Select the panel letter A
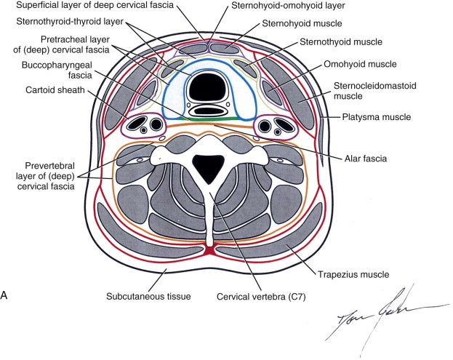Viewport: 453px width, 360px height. click(x=5, y=296)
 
